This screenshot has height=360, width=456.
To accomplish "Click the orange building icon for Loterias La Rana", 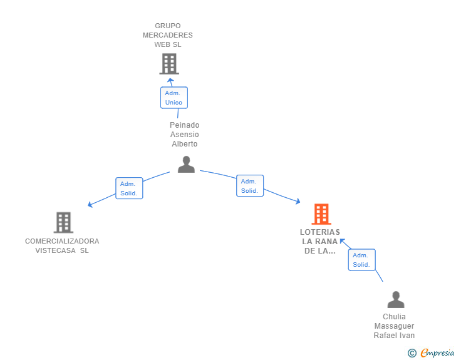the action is [321, 214].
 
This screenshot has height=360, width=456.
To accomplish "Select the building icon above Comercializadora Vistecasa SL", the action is [63, 222].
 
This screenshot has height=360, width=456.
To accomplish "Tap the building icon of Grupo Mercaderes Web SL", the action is [169, 64].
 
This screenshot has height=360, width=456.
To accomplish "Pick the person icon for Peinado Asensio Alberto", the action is [186, 164].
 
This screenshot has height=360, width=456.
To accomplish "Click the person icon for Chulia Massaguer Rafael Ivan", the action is [396, 299].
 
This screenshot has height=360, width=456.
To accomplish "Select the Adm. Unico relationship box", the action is [174, 98].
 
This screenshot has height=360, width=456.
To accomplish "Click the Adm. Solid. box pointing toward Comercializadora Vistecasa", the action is [129, 188].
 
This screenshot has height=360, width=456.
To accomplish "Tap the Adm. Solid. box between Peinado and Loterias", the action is [250, 185].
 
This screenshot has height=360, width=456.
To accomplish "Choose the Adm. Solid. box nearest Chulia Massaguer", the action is [362, 260].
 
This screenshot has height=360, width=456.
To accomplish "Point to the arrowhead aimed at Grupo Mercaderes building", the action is [170, 80].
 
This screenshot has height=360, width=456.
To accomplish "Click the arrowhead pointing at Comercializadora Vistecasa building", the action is [90, 205].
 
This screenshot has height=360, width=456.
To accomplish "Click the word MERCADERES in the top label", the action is [167, 35].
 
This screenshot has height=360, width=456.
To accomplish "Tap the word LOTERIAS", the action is [320, 232].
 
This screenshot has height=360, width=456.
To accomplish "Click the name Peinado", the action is [184, 125].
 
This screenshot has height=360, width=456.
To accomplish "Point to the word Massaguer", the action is [394, 326].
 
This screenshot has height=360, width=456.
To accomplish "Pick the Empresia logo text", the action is [437, 352].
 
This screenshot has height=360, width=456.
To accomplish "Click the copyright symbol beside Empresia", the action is [412, 353].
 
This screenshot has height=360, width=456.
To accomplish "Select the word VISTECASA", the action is [55, 250].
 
